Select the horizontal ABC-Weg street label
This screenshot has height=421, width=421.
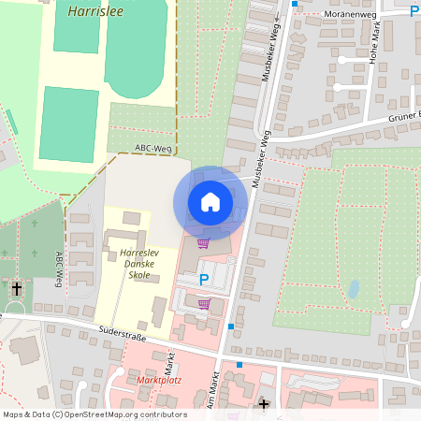[152, 148]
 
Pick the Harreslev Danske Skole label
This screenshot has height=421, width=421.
[136, 264]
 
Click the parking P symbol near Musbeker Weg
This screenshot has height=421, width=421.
[204, 279]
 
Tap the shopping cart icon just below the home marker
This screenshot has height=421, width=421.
[203, 243]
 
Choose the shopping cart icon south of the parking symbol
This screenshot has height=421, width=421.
[204, 304]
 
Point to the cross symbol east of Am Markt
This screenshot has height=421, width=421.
[264, 404]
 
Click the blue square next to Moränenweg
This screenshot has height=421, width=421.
[294, 4]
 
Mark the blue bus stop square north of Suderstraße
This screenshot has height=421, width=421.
[231, 326]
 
